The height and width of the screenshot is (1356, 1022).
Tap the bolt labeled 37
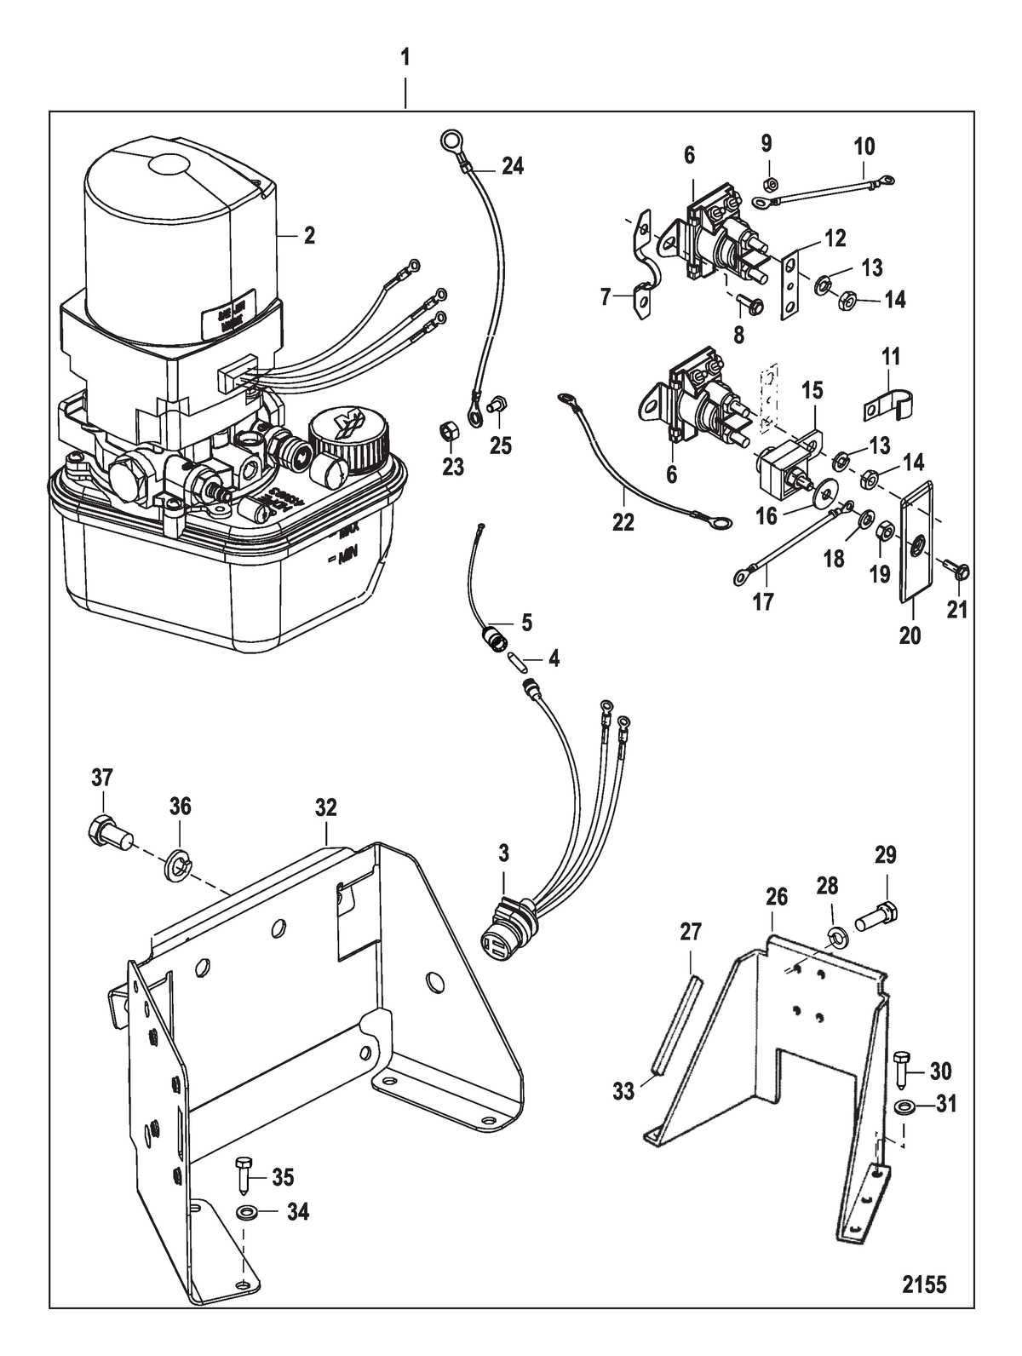click(106, 830)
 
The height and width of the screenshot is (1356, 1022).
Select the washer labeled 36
click(177, 853)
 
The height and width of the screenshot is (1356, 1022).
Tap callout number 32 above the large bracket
click(326, 807)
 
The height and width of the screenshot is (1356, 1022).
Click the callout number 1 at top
click(405, 58)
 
